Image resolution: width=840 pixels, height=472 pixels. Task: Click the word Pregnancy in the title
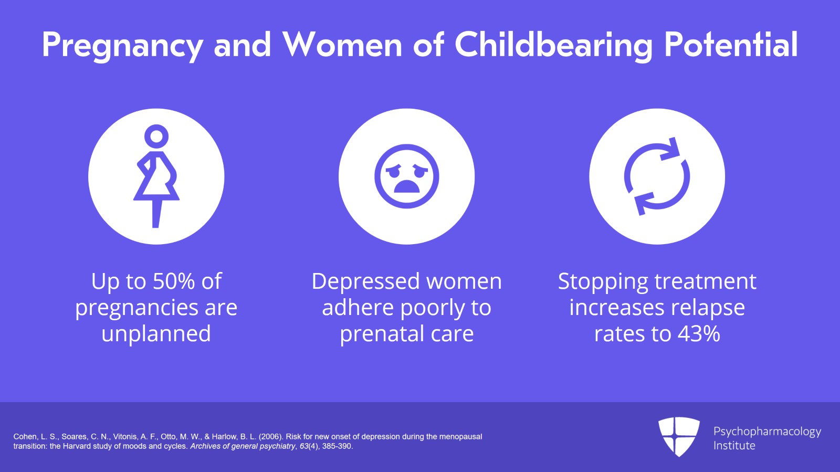pos(122,45)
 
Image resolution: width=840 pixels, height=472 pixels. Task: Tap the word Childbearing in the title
pos(553,45)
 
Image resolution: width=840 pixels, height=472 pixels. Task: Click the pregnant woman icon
pos(156,176)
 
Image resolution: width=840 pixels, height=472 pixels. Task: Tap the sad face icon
pos(406,176)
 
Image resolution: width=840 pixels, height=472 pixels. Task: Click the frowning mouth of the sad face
pos(406,187)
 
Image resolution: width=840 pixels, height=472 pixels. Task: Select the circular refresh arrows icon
pos(657,176)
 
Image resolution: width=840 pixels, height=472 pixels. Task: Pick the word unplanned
pos(156,334)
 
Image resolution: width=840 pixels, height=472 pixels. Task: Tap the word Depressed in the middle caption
pos(365,281)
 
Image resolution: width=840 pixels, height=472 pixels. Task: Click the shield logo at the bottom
pos(679,436)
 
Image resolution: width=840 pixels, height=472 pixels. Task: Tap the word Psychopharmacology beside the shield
pos(767,432)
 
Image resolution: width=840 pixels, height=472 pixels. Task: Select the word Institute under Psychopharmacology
pos(734,446)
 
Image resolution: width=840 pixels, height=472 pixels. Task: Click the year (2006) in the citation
pos(270,437)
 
